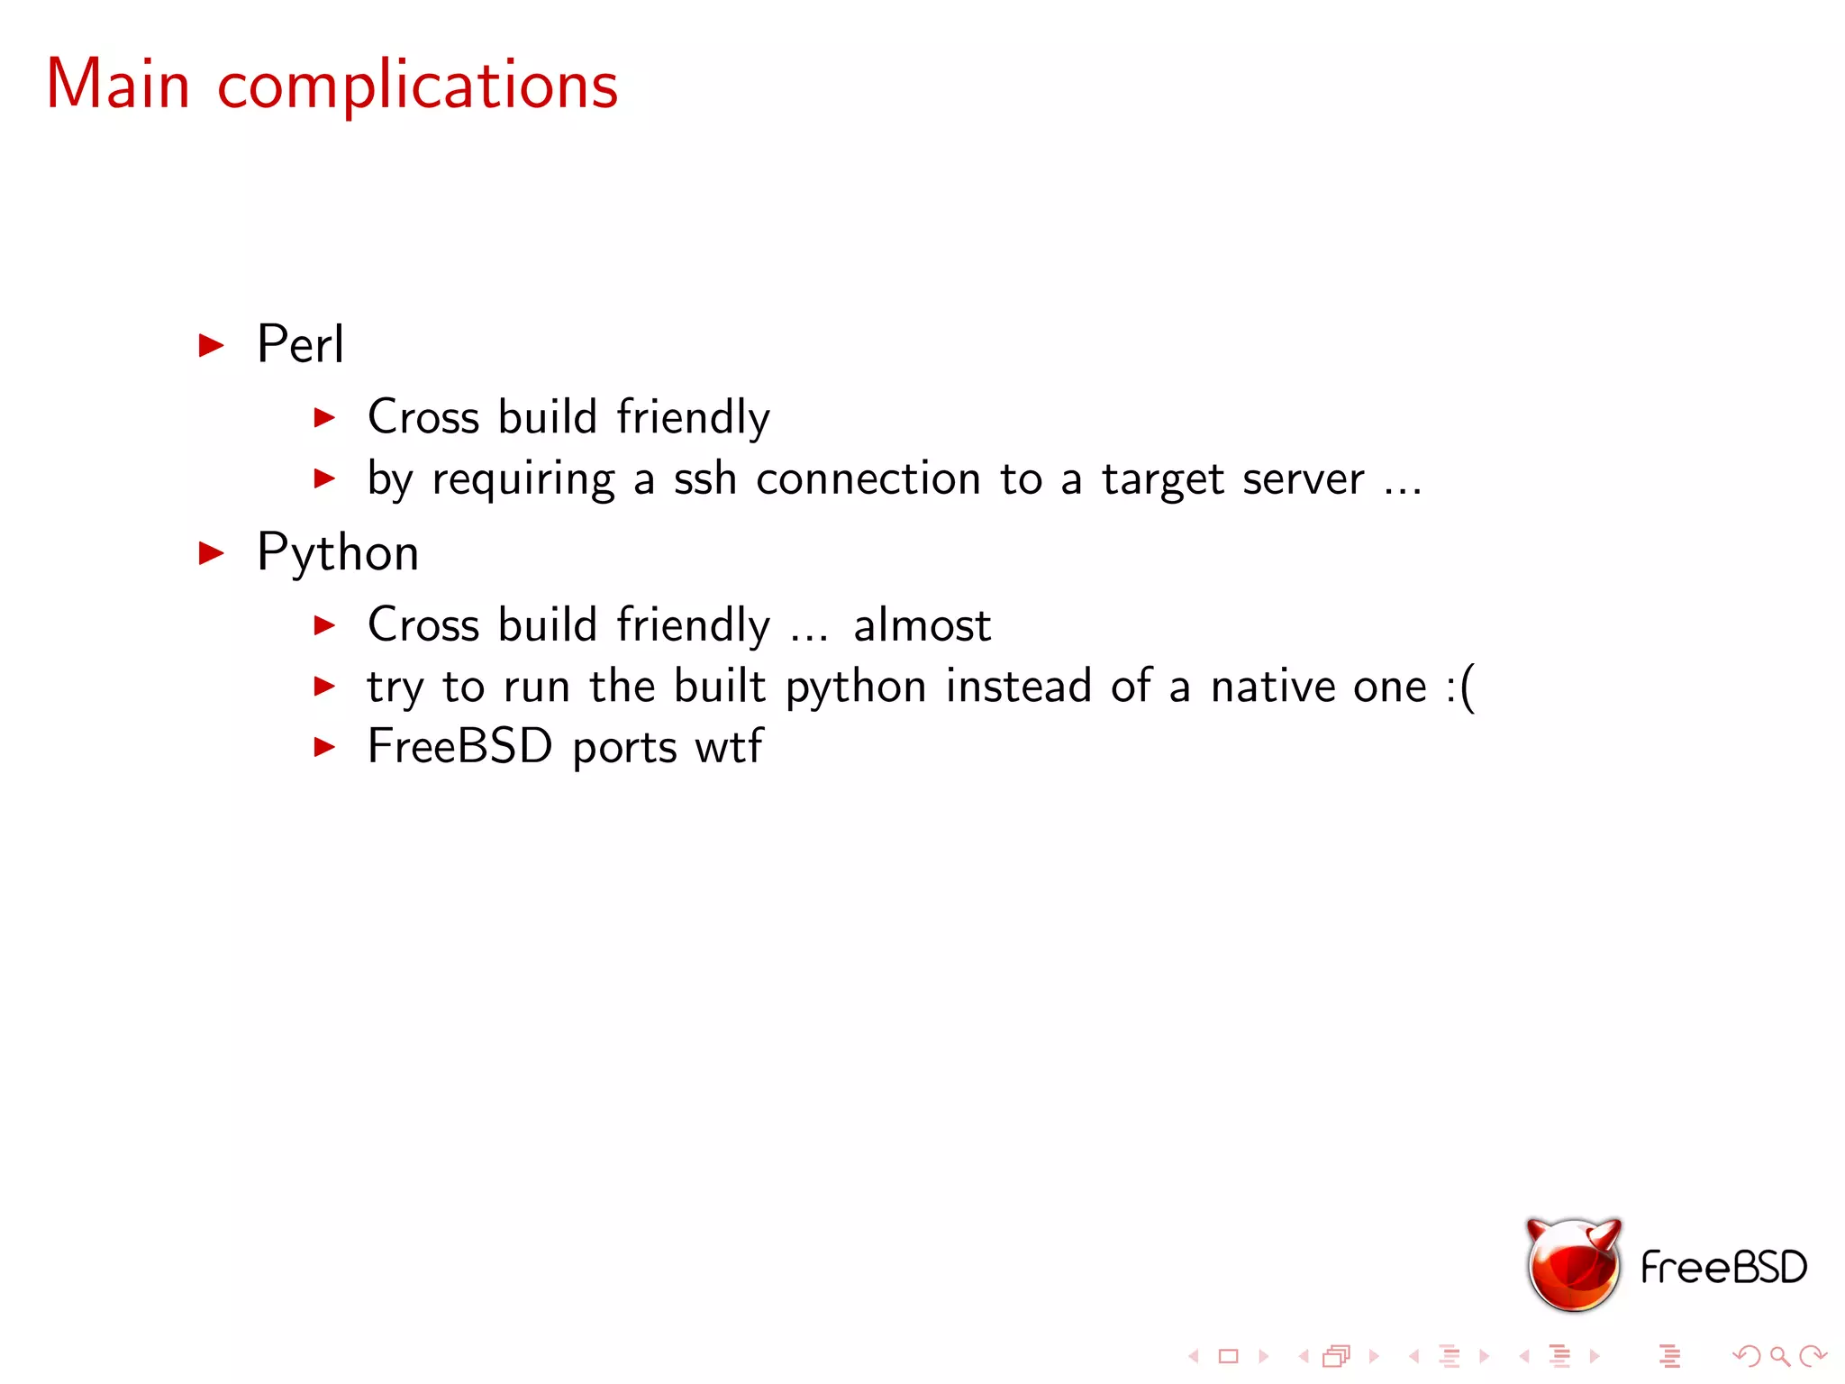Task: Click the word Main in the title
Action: pos(118,85)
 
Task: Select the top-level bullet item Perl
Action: pos(300,344)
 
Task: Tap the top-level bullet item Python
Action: pos(338,553)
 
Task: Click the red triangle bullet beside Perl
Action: pos(211,345)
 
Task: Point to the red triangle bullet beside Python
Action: pos(211,553)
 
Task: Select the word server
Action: pos(1303,479)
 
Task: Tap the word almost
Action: pos(922,625)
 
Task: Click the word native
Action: pos(1273,687)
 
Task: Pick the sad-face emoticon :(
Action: pos(1460,687)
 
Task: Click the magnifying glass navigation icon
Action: pos(1779,1356)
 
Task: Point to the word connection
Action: pos(868,479)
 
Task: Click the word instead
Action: pos(1018,687)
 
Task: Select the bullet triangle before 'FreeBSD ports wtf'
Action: pos(324,747)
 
